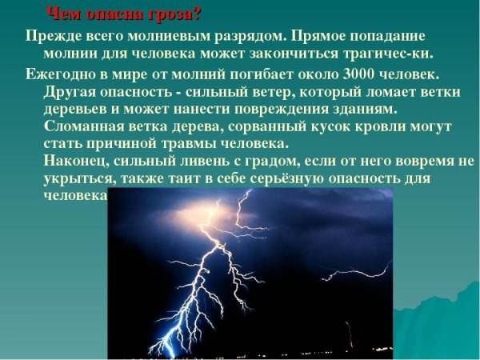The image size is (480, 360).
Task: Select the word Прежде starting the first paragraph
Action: pos(50,38)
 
